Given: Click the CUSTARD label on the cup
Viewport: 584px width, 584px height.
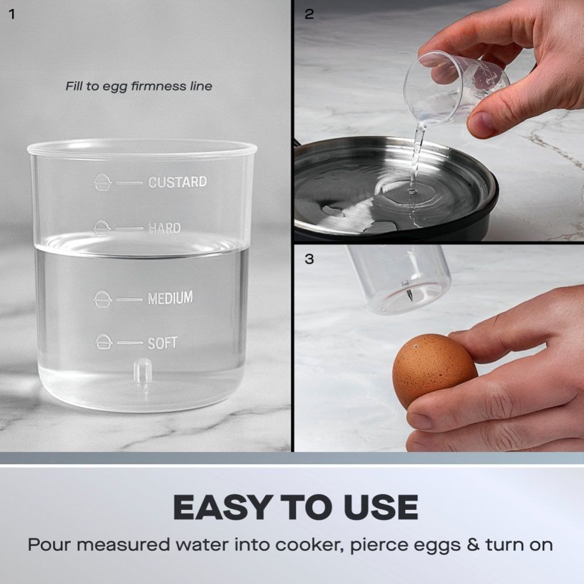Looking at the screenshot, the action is click(x=177, y=182).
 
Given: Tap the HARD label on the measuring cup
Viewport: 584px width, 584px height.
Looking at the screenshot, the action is click(x=164, y=228).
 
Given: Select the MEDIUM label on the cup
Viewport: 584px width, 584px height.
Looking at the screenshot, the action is click(x=170, y=298).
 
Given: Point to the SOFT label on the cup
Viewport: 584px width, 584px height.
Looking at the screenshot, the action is click(x=163, y=343).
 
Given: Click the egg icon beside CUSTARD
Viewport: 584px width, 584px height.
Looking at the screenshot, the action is click(x=102, y=182).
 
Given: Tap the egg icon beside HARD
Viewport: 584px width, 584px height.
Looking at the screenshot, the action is click(x=102, y=229).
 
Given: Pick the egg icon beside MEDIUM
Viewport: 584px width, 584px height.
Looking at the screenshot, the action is click(x=102, y=299).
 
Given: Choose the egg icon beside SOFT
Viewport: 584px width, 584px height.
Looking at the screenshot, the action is click(x=103, y=342).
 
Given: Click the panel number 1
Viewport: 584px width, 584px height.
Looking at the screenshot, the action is click(x=12, y=14).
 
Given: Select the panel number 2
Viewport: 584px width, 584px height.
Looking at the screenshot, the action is click(x=309, y=14).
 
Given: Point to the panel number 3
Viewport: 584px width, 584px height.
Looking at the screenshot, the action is click(x=309, y=259).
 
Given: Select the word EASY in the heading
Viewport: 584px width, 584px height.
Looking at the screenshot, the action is click(x=222, y=507).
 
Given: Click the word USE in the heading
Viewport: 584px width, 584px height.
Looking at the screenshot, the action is click(x=381, y=507).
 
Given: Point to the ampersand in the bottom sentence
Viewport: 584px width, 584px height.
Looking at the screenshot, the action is click(x=473, y=545).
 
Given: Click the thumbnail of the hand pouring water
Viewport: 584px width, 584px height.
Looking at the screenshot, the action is click(x=439, y=120).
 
